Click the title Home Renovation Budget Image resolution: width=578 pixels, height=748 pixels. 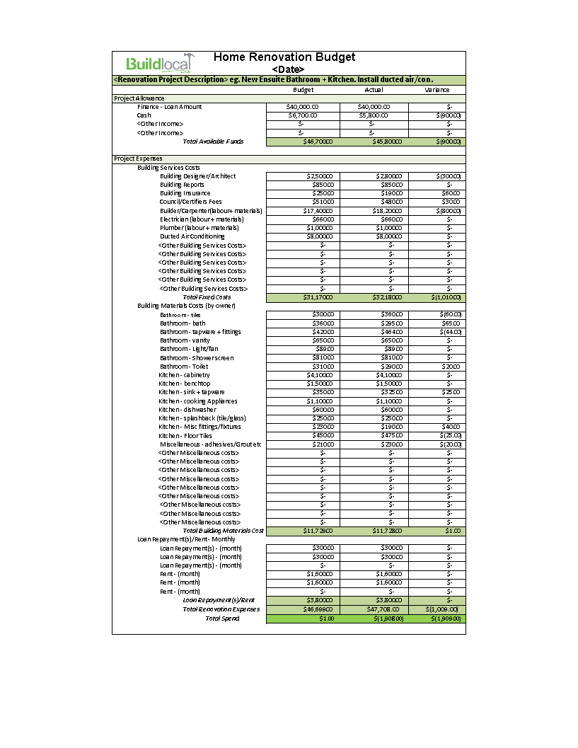[284, 57]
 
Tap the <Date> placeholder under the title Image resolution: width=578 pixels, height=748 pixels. [288, 69]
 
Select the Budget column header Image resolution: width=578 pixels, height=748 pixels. [303, 90]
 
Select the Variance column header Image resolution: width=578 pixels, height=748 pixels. [437, 90]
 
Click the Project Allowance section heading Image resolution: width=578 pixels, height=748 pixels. [139, 98]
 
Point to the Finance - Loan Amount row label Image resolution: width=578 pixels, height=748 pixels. [169, 107]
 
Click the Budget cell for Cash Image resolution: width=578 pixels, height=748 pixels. [303, 115]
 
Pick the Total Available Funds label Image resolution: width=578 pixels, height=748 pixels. [213, 142]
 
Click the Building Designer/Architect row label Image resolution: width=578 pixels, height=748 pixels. [197, 176]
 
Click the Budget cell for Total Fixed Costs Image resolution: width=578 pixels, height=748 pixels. [303, 297]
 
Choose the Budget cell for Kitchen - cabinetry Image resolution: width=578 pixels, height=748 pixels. [303, 375]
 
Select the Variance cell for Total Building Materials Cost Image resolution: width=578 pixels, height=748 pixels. [437, 531]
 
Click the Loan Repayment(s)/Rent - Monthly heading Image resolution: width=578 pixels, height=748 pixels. [186, 539]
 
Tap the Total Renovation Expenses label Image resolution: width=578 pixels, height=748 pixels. [221, 609]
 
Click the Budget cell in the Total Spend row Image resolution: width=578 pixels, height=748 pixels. [303, 618]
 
